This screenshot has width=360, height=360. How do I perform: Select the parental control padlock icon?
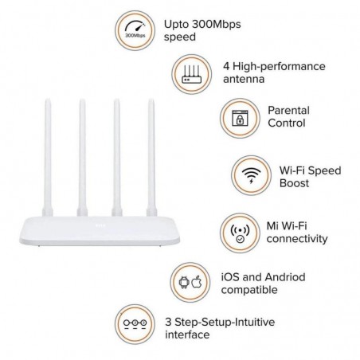pyautogui.click(x=238, y=117)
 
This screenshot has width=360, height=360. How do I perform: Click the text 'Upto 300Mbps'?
pyautogui.click(x=202, y=23)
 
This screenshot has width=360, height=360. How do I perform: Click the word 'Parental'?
pyautogui.click(x=288, y=110)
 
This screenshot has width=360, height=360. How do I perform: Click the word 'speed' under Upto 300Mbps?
pyautogui.click(x=179, y=37)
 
